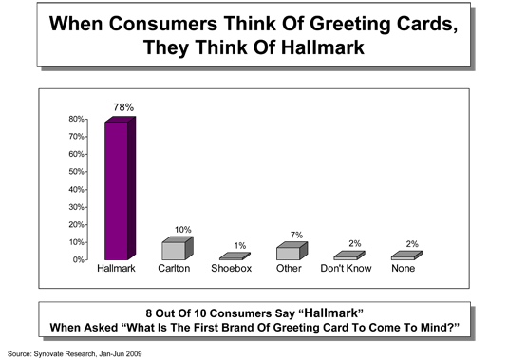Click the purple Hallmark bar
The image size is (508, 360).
point(120,188)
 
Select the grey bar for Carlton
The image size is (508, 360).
point(178,248)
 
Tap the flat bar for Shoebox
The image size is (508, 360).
point(235,256)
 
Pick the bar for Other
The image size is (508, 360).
point(292,251)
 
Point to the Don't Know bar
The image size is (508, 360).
point(349,256)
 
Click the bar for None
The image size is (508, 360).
point(406,256)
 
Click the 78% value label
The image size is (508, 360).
point(123,107)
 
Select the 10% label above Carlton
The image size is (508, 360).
point(183,230)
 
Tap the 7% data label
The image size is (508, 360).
point(296,235)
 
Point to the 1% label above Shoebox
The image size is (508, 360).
point(240,246)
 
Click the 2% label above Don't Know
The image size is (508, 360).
point(355,244)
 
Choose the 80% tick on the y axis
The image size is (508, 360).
point(76,119)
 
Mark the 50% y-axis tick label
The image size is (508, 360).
point(76,171)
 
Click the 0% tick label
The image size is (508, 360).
point(79,259)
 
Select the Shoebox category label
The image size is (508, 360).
point(232,268)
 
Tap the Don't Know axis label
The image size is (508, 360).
point(346,268)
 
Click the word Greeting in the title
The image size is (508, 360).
point(349,25)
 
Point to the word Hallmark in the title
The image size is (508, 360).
point(323,47)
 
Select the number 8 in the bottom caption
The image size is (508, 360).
point(149,313)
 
